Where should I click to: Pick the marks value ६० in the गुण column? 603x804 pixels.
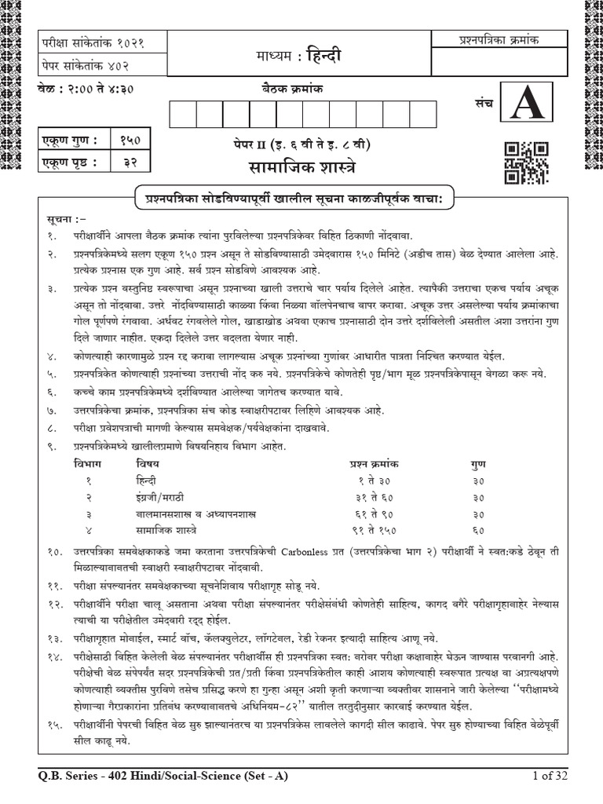pyautogui.click(x=478, y=530)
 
